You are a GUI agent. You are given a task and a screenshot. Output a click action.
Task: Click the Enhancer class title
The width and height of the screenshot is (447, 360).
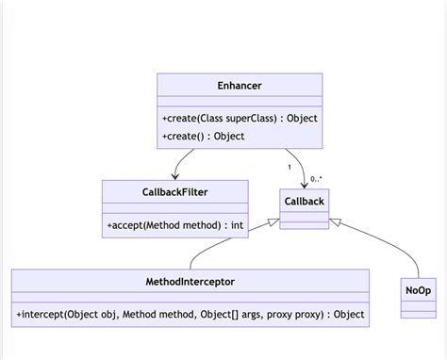(239, 86)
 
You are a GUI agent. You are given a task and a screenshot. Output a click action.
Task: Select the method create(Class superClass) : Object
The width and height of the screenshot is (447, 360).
(240, 118)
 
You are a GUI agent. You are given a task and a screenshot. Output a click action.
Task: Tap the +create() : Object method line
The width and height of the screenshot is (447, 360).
(203, 136)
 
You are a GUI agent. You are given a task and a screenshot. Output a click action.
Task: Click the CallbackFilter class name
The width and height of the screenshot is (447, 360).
(174, 192)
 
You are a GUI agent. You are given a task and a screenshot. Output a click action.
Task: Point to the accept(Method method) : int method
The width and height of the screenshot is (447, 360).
(174, 225)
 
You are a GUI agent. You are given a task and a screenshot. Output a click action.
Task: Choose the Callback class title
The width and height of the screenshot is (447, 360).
(304, 202)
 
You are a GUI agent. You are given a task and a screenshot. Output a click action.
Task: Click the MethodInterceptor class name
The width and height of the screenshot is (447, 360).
(190, 281)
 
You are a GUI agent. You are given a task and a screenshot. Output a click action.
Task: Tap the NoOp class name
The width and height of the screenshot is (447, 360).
(419, 290)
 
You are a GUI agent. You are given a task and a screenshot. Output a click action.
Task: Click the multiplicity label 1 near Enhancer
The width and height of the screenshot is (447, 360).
(290, 168)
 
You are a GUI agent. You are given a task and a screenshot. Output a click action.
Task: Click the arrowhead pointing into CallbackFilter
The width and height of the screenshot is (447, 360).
(174, 176)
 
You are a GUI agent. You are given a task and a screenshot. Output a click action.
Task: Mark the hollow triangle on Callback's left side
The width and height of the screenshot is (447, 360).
(274, 222)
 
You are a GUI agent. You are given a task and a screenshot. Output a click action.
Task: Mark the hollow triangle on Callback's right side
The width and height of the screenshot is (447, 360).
(333, 222)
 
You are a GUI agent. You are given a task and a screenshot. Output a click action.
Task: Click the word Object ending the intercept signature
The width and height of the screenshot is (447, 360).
(349, 314)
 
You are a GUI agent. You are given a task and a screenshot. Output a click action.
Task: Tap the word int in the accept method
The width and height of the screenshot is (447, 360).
(237, 225)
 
